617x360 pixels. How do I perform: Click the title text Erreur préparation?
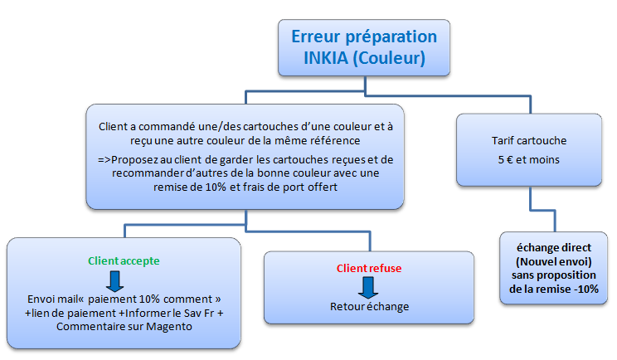(363, 37)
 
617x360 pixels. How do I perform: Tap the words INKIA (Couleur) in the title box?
(364, 59)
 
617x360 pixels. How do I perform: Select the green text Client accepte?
(125, 260)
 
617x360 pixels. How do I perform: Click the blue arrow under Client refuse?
(366, 287)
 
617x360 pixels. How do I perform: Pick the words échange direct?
(554, 246)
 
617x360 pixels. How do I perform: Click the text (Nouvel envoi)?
(554, 261)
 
